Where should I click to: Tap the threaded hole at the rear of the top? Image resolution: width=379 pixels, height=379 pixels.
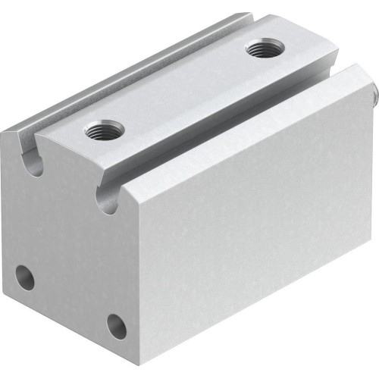pyautogui.click(x=262, y=52)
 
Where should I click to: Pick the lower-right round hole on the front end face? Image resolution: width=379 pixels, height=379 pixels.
pyautogui.click(x=116, y=327)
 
